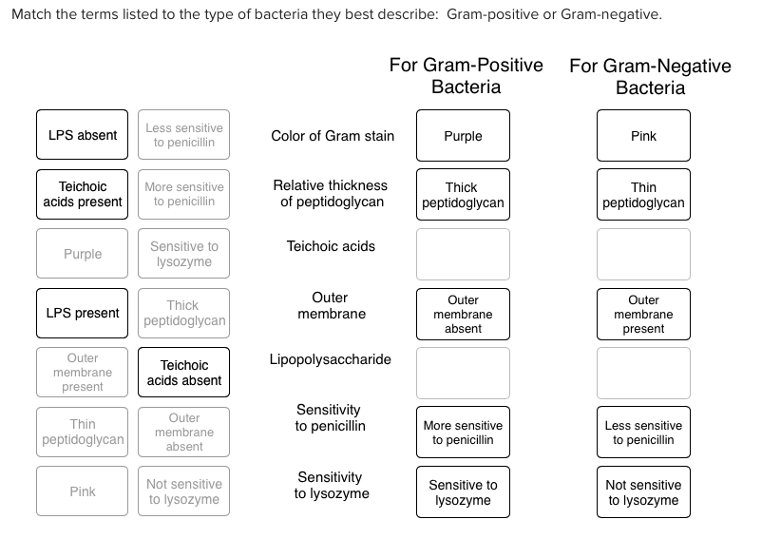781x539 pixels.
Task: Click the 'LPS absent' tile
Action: coord(83,135)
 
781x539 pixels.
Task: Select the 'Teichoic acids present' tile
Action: coord(83,194)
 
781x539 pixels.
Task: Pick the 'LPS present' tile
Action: coord(83,313)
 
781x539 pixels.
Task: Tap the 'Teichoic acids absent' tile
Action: coord(184,373)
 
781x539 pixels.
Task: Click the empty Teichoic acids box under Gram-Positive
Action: coord(463,254)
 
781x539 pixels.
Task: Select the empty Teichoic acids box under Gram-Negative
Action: coord(643,254)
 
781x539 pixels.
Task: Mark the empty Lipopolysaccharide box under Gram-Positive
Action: coord(463,373)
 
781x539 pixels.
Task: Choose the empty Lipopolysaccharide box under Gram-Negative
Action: coord(643,373)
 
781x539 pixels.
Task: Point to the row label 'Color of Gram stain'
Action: coord(333,136)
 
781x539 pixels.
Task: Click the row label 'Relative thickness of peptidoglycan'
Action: coord(331,193)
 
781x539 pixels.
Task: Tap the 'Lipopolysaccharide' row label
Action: coord(331,359)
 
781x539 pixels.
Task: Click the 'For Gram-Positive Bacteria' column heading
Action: coord(466,76)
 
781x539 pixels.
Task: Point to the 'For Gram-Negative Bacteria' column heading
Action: coord(650,77)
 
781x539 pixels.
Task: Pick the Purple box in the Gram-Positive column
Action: coord(463,136)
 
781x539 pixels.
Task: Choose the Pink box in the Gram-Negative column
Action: coord(643,136)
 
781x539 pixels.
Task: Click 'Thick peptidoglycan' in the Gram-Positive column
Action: coord(463,195)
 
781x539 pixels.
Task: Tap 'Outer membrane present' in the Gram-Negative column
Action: coord(643,314)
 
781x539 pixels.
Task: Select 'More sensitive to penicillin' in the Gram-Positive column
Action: coord(463,433)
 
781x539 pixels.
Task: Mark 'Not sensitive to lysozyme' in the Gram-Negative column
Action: coord(643,491)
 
